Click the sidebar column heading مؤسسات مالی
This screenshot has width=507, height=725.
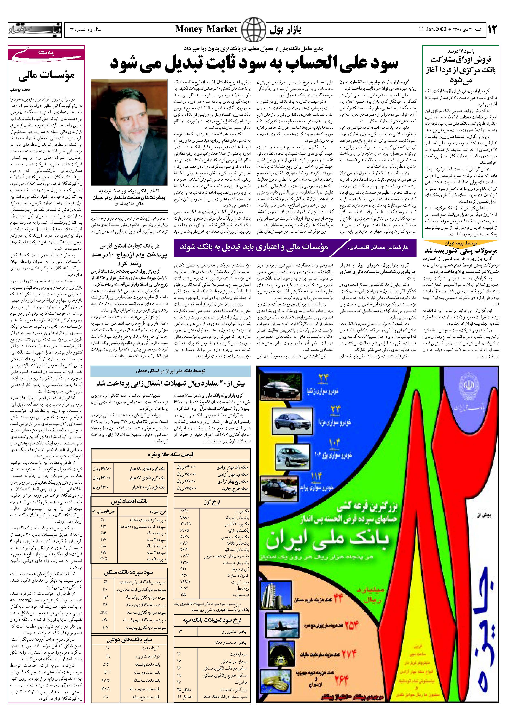pos(46,76)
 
